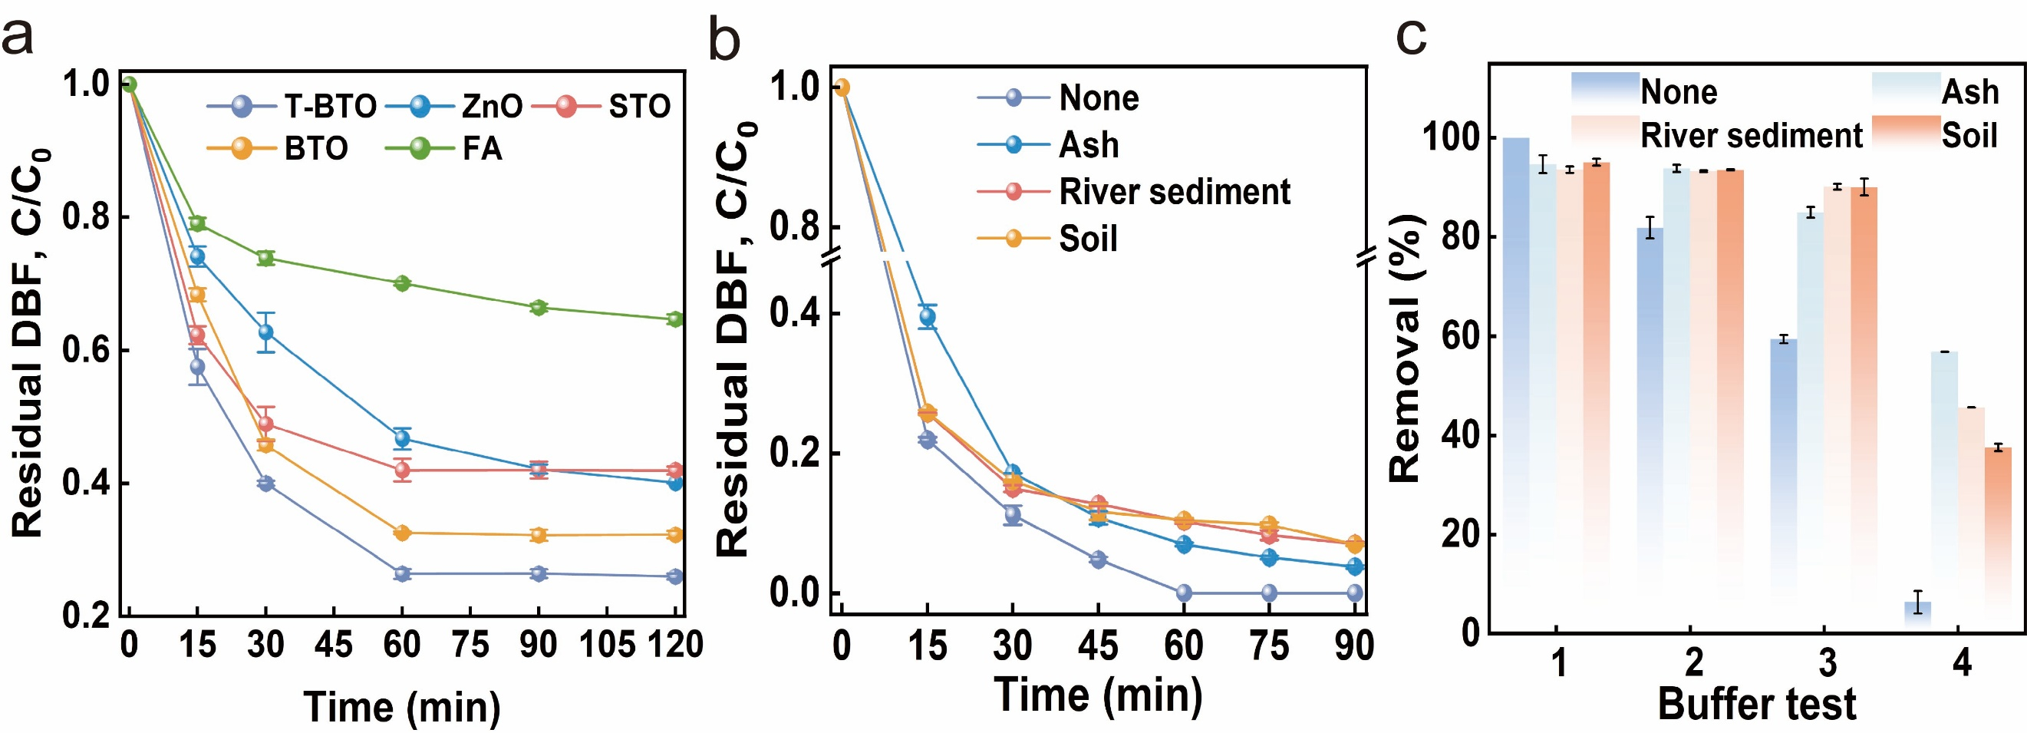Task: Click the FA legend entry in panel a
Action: (481, 148)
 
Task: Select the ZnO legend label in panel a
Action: (492, 105)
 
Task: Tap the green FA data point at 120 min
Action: (675, 319)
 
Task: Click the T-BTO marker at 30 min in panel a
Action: (266, 483)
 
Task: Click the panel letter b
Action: (724, 41)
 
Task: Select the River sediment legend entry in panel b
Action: (1174, 191)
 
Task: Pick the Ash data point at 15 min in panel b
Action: (928, 317)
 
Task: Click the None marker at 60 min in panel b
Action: (1184, 593)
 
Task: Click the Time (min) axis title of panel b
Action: (1098, 695)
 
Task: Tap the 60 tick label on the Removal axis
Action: (1462, 336)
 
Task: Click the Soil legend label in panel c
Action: (1969, 134)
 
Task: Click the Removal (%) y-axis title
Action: (1406, 346)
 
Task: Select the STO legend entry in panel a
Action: (638, 105)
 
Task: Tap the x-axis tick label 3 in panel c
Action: (1827, 663)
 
